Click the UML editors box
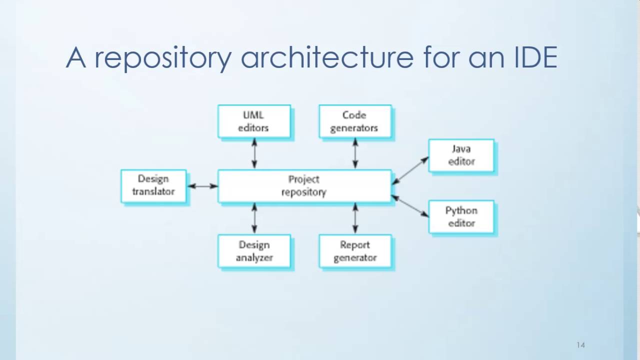point(254,121)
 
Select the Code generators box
point(355,121)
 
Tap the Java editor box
point(461,155)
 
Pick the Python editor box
point(461,216)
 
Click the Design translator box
point(153,185)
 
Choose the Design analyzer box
point(254,251)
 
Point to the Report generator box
point(355,251)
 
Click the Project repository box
point(304,185)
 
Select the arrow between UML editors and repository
point(254,153)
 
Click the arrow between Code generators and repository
point(355,153)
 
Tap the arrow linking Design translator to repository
point(202,186)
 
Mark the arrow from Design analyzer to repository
point(254,218)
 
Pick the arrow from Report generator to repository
point(355,218)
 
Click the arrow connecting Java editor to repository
point(410,170)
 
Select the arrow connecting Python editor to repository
point(410,206)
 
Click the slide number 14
point(580,345)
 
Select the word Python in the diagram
point(461,210)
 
